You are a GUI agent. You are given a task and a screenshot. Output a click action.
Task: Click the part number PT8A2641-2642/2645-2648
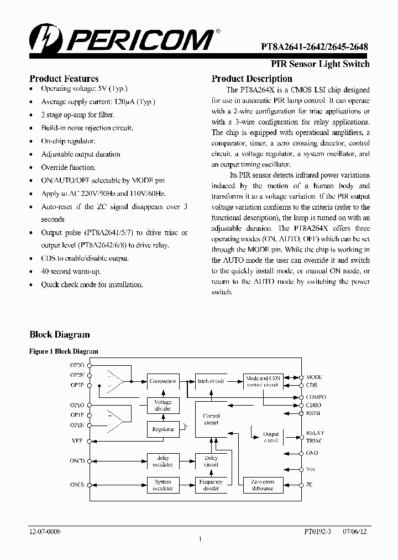(x=318, y=49)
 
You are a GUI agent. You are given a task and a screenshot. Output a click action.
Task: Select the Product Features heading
(x=64, y=79)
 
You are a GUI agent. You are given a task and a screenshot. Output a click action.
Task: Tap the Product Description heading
(x=252, y=79)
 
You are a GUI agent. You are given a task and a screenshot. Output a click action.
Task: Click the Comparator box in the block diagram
(x=163, y=381)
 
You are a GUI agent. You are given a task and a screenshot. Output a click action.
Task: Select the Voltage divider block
(x=163, y=405)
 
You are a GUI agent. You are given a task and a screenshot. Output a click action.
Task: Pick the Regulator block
(x=163, y=429)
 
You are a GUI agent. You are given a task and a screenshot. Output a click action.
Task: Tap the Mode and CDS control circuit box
(x=263, y=381)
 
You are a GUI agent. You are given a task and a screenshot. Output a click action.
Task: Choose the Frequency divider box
(x=211, y=485)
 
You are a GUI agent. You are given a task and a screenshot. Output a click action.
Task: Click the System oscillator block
(x=163, y=485)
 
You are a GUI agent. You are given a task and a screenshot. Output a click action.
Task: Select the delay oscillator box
(x=163, y=461)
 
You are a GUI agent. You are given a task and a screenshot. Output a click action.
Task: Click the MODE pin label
(x=315, y=377)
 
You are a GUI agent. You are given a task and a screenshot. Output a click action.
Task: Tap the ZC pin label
(x=310, y=485)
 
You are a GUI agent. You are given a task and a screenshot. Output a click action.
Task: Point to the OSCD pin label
(x=77, y=460)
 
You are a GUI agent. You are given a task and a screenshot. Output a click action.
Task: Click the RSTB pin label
(x=313, y=413)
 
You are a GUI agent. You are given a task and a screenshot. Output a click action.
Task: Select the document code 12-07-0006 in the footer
(x=45, y=531)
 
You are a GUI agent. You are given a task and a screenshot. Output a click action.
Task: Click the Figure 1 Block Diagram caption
(x=64, y=351)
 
